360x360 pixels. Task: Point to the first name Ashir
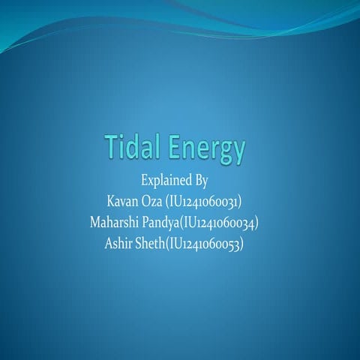point(120,243)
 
